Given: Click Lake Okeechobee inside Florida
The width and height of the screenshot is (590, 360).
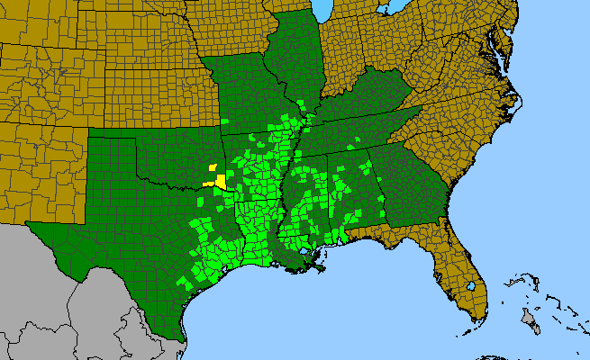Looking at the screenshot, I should tap(470, 286).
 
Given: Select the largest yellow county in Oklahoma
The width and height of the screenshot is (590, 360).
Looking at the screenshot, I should tap(220, 180).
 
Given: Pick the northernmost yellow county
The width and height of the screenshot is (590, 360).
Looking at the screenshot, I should tap(212, 167).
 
